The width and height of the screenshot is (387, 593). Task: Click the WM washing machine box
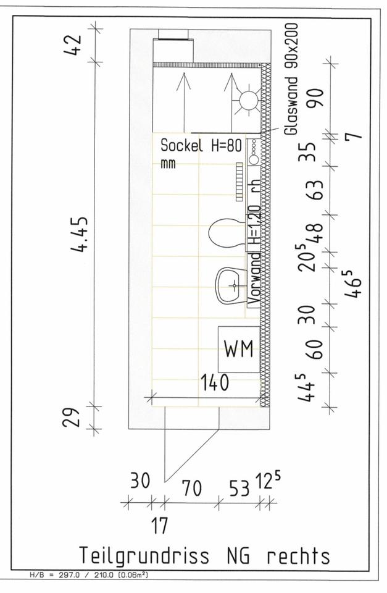(x=239, y=349)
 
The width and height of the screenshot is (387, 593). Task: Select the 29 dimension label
(x=71, y=417)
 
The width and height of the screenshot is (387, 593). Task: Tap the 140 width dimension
(x=215, y=382)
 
